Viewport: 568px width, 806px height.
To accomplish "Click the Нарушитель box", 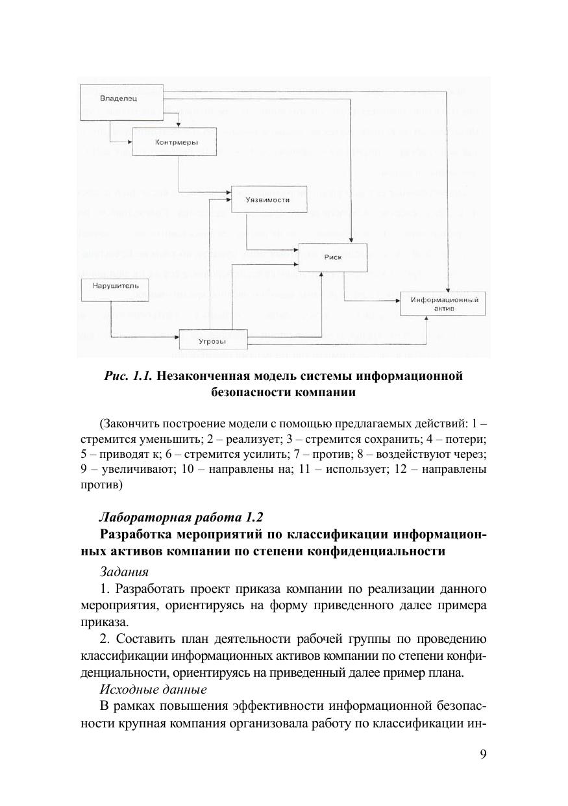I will [x=110, y=289].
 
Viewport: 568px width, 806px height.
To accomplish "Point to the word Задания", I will [x=124, y=572].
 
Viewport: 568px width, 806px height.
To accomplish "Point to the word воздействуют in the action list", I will [x=423, y=454].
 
